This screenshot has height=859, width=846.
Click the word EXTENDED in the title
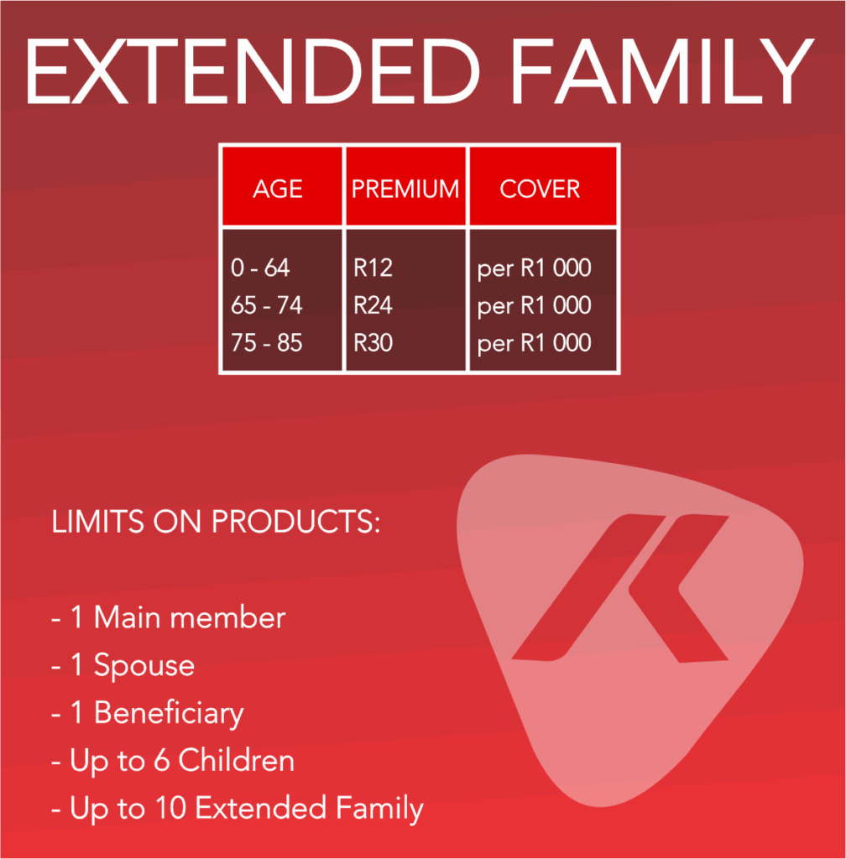pyautogui.click(x=253, y=71)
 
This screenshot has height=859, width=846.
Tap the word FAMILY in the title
pyautogui.click(x=662, y=71)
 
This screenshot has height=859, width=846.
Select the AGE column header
pyautogui.click(x=278, y=189)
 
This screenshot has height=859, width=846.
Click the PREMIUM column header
pyautogui.click(x=405, y=189)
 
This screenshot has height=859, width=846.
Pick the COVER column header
pyautogui.click(x=540, y=189)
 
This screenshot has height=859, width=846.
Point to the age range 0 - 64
pyautogui.click(x=260, y=268)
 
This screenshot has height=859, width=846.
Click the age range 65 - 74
pyautogui.click(x=266, y=305)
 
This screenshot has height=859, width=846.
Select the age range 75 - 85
pyautogui.click(x=266, y=343)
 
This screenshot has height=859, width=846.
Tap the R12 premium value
pyautogui.click(x=373, y=268)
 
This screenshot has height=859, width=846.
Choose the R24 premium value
pyautogui.click(x=373, y=305)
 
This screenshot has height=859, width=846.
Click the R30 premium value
pyautogui.click(x=373, y=343)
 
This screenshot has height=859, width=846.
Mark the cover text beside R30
pyautogui.click(x=535, y=344)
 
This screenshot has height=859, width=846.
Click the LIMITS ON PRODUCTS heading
pyautogui.click(x=216, y=521)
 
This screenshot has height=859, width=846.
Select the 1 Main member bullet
pyautogui.click(x=169, y=617)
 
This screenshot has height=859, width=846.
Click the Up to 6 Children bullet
pyautogui.click(x=173, y=761)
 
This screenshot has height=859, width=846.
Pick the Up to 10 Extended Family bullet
pyautogui.click(x=238, y=810)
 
